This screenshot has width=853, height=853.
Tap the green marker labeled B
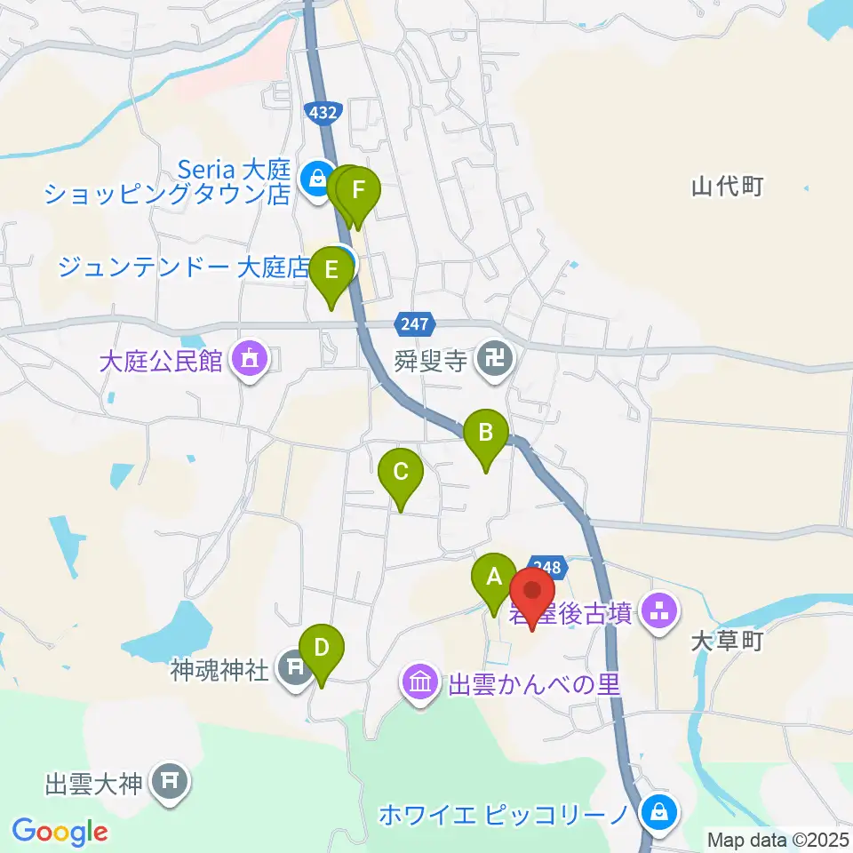pyautogui.click(x=486, y=436)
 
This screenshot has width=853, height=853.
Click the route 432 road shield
pyautogui.click(x=320, y=112)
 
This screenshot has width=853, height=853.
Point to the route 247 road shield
pyautogui.click(x=413, y=325)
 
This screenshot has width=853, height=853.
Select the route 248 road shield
pyautogui.click(x=547, y=566)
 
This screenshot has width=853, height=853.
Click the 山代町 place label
pyautogui.click(x=728, y=187)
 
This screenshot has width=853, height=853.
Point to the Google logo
pyautogui.click(x=60, y=832)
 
